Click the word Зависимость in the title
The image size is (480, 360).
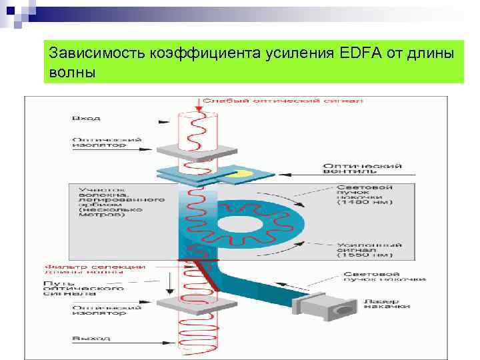(89, 52)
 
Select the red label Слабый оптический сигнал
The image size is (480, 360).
(283, 101)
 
